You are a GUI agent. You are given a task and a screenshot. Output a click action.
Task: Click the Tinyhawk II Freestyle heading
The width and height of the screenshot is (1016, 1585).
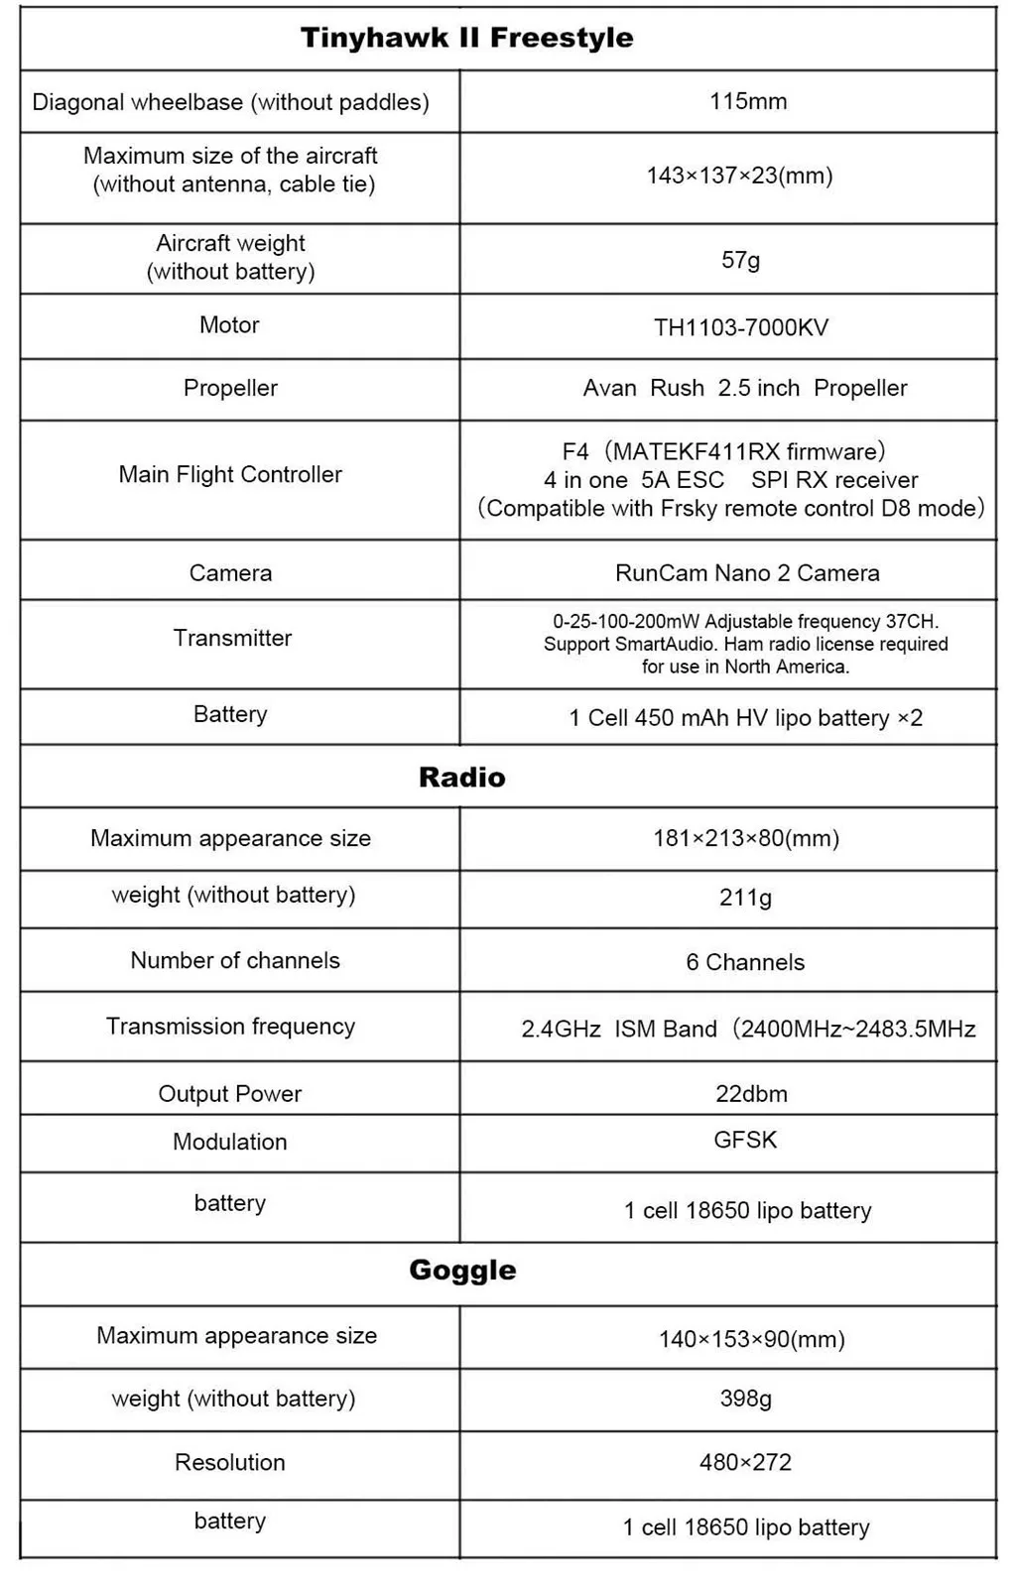(466, 38)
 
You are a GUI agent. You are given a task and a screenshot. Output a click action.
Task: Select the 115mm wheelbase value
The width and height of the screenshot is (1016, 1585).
(748, 101)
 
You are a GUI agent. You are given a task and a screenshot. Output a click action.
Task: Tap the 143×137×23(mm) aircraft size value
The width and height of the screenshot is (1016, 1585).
(739, 176)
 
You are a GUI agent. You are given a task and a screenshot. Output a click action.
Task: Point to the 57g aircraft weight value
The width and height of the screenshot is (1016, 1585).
(740, 260)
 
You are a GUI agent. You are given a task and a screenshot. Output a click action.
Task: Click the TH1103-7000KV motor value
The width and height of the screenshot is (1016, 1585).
(740, 327)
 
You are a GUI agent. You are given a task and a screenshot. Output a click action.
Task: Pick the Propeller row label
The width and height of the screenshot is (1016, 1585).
(230, 388)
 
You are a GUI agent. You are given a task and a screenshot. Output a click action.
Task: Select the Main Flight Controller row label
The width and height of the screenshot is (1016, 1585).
(230, 474)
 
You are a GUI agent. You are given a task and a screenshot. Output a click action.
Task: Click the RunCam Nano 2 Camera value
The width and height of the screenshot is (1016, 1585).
(747, 572)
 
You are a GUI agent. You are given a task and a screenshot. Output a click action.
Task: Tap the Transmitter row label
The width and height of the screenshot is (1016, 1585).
(232, 638)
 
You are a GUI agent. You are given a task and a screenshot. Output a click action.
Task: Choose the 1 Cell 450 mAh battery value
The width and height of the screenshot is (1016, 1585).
(745, 717)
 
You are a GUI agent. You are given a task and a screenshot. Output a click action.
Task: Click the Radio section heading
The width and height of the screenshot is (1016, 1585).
(461, 777)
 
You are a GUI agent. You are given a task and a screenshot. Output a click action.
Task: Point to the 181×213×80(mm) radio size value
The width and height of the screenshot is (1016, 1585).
(746, 838)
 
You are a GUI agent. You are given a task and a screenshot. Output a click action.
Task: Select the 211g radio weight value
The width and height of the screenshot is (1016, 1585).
(745, 898)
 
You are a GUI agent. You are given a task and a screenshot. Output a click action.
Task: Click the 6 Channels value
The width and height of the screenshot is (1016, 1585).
(745, 962)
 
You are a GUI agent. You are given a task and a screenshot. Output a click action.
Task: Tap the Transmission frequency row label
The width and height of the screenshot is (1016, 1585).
(230, 1026)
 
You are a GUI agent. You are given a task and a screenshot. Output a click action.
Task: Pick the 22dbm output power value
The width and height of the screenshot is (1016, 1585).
(751, 1094)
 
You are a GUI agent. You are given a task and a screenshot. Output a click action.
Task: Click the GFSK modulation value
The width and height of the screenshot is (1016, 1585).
(745, 1140)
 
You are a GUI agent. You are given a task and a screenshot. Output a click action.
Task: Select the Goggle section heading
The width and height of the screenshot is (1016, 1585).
(462, 1270)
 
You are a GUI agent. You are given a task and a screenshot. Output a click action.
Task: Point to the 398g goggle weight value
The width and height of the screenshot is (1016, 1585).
(745, 1399)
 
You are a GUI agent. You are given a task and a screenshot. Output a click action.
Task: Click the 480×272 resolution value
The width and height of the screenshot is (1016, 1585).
(745, 1462)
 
